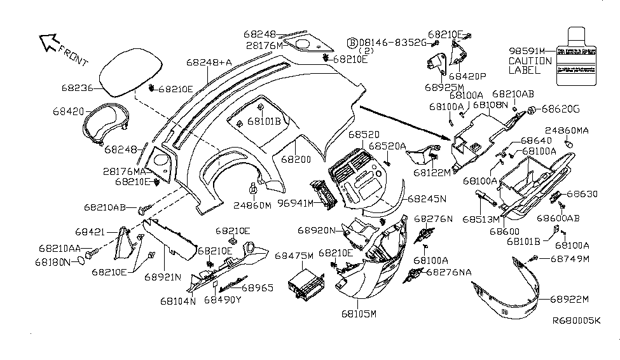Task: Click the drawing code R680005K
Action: pyautogui.click(x=575, y=339)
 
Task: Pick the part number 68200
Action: pyautogui.click(x=295, y=162)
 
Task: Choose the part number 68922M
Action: pyautogui.click(x=570, y=299)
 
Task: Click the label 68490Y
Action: pyautogui.click(x=223, y=300)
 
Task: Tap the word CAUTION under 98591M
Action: pyautogui.click(x=530, y=61)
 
